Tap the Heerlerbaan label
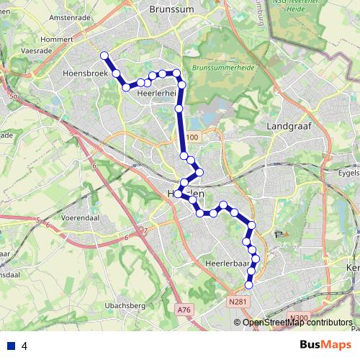227,264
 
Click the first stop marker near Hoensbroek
104,55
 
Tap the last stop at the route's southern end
249,285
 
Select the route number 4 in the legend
24,346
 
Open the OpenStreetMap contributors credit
297,322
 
